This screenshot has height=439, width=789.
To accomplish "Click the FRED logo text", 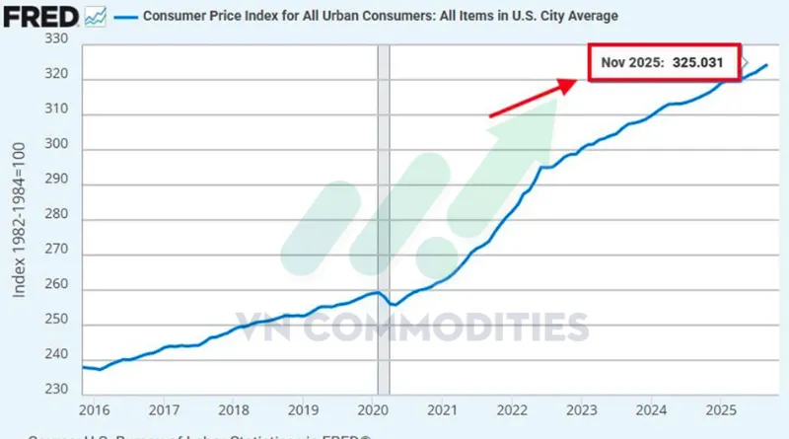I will [x=40, y=16].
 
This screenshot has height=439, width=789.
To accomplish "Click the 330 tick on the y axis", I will [x=58, y=39].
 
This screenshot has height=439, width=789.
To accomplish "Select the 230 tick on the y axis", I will [x=58, y=389].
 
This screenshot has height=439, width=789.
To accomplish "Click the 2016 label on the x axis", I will [x=95, y=409].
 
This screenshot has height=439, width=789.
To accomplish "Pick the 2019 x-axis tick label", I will [x=303, y=409].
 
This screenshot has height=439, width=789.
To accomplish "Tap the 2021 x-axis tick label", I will [x=443, y=409].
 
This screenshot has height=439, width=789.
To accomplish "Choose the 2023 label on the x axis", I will [x=582, y=409].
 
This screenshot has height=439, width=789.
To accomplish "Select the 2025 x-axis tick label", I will [x=721, y=409].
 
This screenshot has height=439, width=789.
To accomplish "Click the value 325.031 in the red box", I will [x=698, y=62].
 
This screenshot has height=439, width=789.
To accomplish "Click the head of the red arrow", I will [x=570, y=85].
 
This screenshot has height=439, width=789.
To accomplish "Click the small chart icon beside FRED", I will [x=96, y=15].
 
